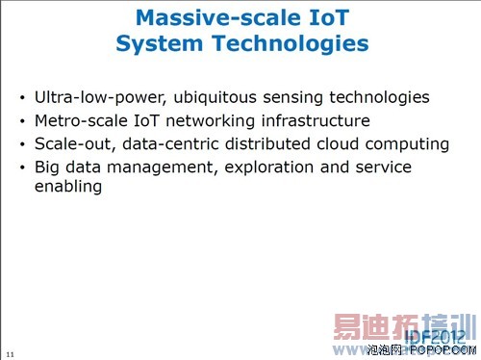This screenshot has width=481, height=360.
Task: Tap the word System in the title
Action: [157, 43]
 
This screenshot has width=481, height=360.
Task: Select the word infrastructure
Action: [309, 121]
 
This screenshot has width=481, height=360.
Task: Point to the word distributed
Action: [255, 144]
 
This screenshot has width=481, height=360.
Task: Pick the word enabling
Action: [68, 187]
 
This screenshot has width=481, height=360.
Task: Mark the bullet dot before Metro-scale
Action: [23, 122]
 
